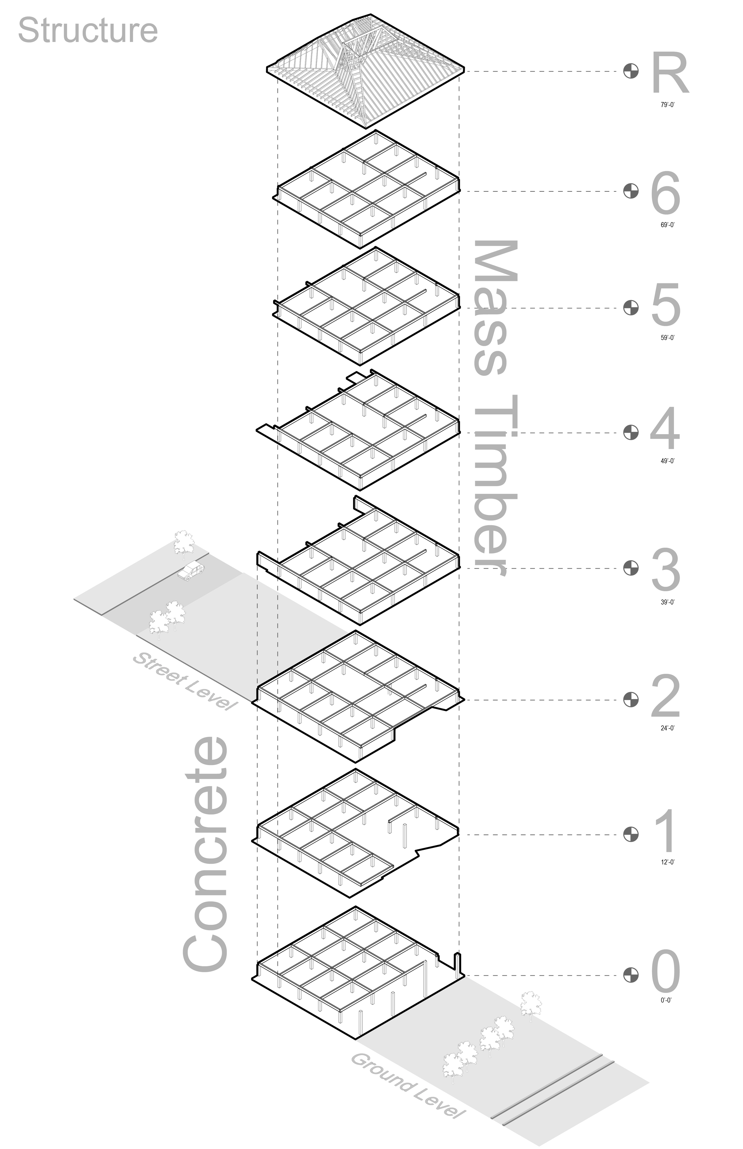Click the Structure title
[x=88, y=30]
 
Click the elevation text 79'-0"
[x=668, y=105]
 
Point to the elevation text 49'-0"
[x=668, y=461]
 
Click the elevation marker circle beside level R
[x=631, y=71]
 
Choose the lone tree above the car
[x=184, y=542]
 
